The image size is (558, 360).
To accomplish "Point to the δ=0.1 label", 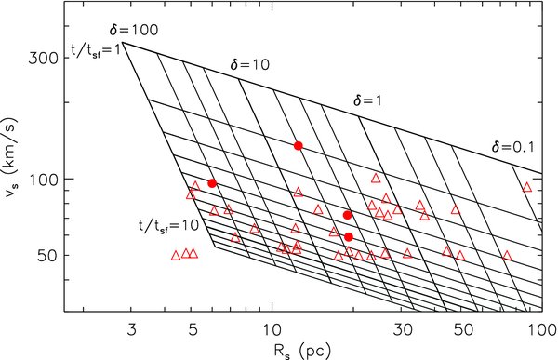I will click(x=513, y=146).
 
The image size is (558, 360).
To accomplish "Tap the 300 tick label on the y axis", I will click(x=46, y=58).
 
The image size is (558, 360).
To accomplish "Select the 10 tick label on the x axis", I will click(x=272, y=328).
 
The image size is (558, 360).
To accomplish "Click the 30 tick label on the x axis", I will click(x=402, y=328).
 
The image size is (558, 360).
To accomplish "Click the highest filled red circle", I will click(x=299, y=145).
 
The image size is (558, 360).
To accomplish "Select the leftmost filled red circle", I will click(x=212, y=183).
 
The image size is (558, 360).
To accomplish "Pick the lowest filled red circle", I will click(x=349, y=237).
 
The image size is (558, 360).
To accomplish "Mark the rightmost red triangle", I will click(x=526, y=187).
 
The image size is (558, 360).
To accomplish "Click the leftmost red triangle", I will click(x=176, y=255).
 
